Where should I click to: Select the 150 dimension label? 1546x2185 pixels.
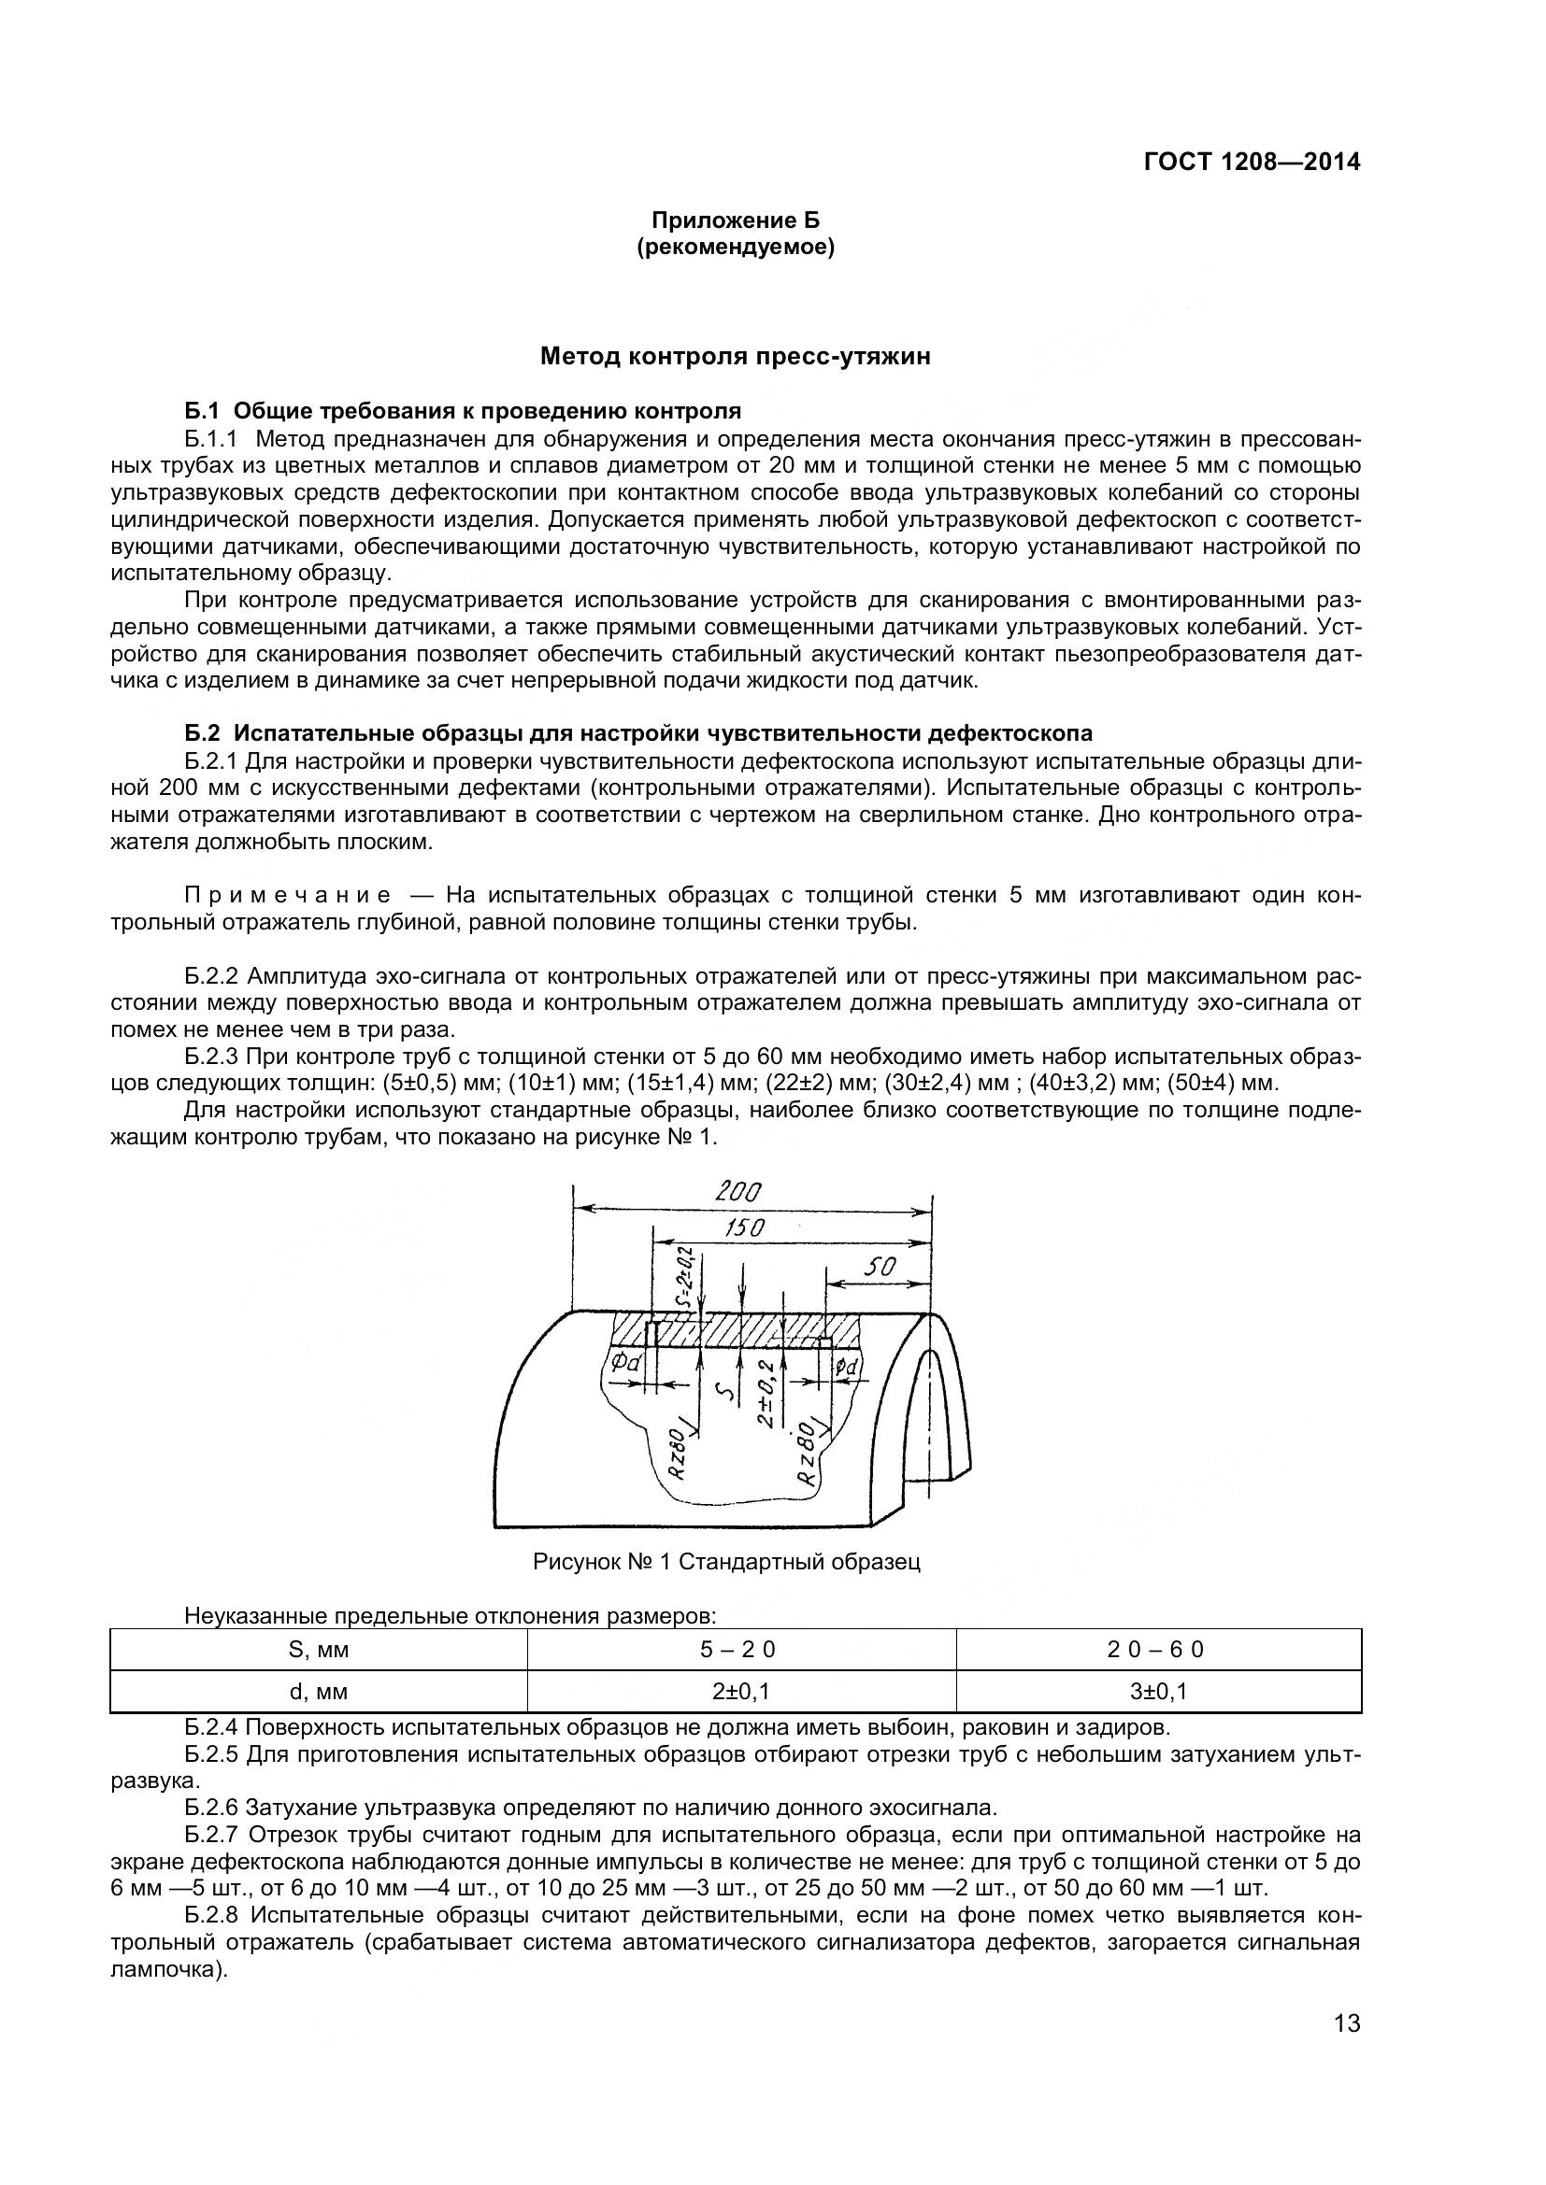point(744,1227)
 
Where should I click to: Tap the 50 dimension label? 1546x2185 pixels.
point(880,1267)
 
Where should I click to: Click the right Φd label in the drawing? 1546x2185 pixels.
point(846,1368)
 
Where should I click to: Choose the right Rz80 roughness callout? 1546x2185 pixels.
point(809,1454)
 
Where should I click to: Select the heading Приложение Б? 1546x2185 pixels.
point(735,220)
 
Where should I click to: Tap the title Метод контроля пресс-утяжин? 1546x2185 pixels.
point(735,357)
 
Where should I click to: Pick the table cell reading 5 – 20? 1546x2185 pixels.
point(739,1649)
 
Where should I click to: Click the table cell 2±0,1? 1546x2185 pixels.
point(739,1691)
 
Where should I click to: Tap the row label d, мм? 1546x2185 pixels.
point(318,1691)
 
